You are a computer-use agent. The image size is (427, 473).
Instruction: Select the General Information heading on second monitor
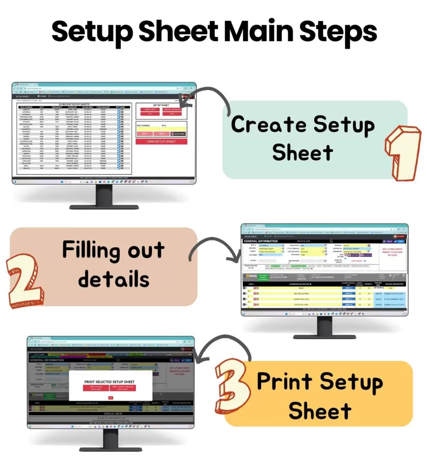(x=261, y=241)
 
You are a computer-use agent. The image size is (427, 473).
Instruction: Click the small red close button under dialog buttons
(x=110, y=397)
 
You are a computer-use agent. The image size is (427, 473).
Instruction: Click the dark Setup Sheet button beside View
(x=178, y=133)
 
